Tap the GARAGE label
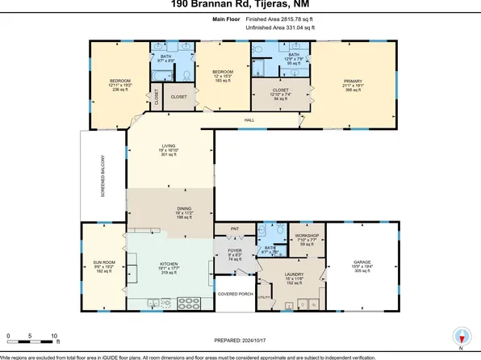(x=360, y=262)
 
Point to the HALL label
(x=250, y=120)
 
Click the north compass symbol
(x=460, y=336)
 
